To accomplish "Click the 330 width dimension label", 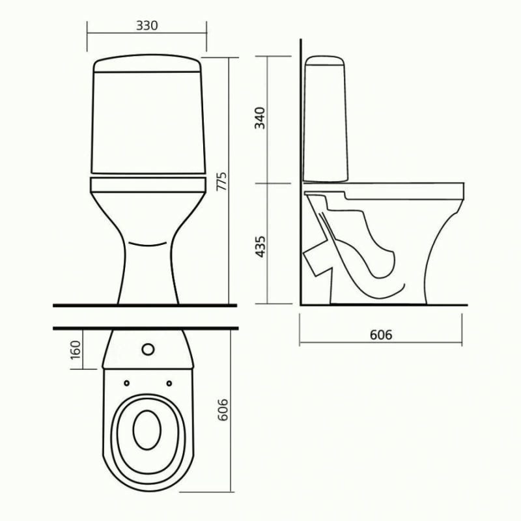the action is click(147, 25).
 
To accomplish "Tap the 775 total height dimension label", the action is click(221, 181).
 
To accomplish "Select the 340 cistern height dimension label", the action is click(260, 118).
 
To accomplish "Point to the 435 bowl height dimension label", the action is click(260, 247).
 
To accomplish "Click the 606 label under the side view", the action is click(381, 335).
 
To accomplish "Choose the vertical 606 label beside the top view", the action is click(223, 410).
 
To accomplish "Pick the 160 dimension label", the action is click(76, 350).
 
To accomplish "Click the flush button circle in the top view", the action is click(148, 349).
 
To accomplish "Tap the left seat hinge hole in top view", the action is click(126, 383).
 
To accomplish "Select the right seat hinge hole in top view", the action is click(169, 383).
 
